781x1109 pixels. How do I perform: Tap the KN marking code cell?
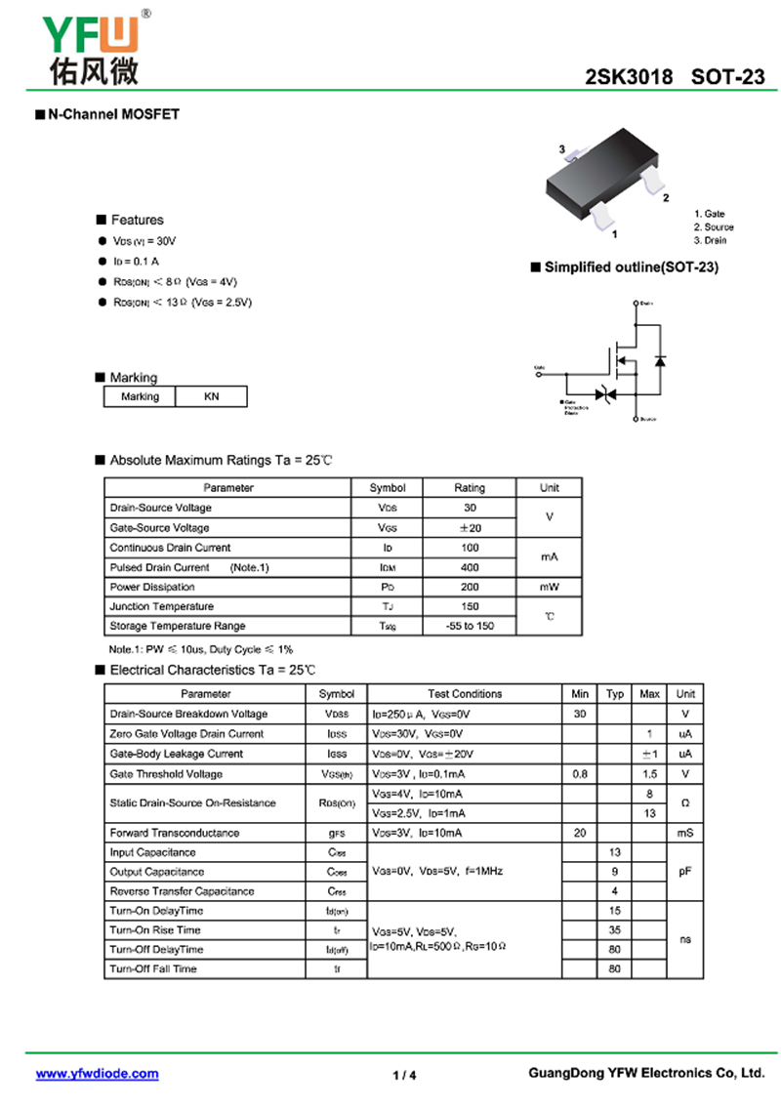[211, 396]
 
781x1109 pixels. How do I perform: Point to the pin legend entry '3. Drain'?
[711, 240]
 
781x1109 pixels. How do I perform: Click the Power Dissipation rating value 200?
[470, 587]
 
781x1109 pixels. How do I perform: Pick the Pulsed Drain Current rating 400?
[470, 567]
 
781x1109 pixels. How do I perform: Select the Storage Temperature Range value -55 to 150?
[470, 626]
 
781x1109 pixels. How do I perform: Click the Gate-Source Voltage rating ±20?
[470, 528]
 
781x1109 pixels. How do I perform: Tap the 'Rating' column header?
[470, 487]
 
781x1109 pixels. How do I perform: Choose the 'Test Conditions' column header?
[465, 694]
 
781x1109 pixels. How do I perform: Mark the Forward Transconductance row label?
[175, 833]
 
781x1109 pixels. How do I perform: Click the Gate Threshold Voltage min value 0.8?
[580, 774]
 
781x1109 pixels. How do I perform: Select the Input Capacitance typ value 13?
[615, 852]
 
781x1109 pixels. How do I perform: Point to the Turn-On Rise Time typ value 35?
[615, 930]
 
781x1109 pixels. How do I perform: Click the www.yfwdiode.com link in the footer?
[97, 1074]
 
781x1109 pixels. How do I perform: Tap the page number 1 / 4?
[404, 1076]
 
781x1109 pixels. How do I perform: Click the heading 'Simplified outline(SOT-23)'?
[631, 267]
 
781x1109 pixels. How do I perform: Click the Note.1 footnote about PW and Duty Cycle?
[200, 649]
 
